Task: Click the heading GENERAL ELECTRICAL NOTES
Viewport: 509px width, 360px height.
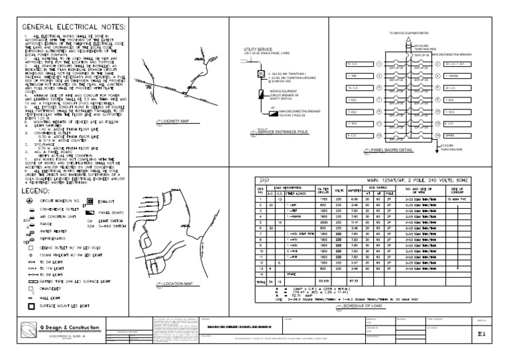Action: (74, 27)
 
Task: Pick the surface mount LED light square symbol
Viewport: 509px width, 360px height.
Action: (29, 306)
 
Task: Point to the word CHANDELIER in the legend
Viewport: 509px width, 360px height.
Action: (54, 288)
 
